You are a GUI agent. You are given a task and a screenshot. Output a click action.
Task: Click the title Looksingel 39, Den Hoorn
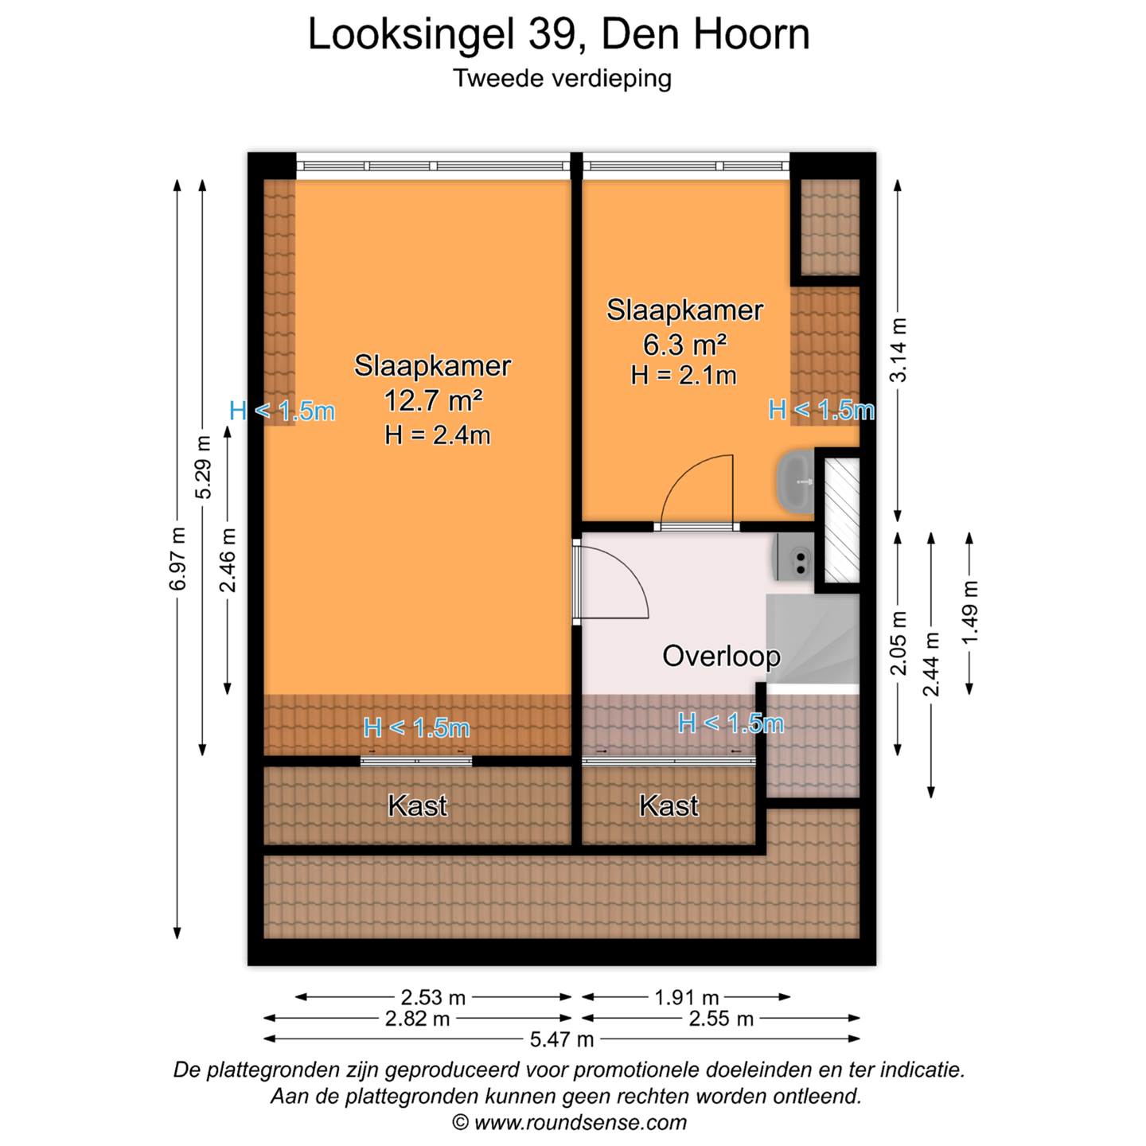pyautogui.click(x=558, y=35)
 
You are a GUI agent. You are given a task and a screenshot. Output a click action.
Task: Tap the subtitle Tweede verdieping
pyautogui.click(x=562, y=79)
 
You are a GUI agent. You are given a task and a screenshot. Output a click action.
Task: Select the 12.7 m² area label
pyautogui.click(x=433, y=400)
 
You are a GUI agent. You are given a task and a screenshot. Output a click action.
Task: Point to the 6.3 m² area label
pyautogui.click(x=684, y=345)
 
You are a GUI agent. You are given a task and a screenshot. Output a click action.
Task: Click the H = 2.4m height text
pyautogui.click(x=437, y=435)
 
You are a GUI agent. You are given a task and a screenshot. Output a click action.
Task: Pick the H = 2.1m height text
pyautogui.click(x=684, y=376)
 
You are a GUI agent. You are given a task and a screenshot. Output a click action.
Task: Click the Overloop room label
pyautogui.click(x=721, y=656)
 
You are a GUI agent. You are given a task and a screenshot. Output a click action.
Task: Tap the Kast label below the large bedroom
pyautogui.click(x=418, y=806)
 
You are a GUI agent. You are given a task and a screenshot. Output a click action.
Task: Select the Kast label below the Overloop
pyautogui.click(x=668, y=806)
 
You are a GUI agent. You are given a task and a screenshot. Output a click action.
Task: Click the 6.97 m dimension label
pyautogui.click(x=177, y=559)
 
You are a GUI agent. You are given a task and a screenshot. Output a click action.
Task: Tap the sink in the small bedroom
pyautogui.click(x=795, y=481)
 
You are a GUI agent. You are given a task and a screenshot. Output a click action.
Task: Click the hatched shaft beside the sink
pyautogui.click(x=842, y=520)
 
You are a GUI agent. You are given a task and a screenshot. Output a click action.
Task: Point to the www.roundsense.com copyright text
pyautogui.click(x=569, y=1123)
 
